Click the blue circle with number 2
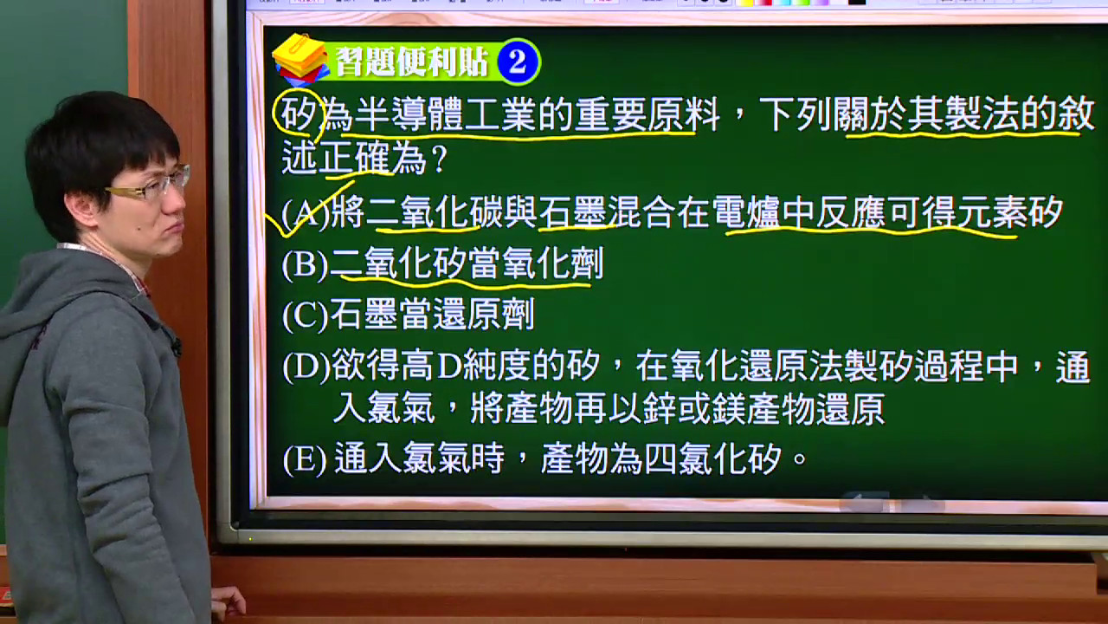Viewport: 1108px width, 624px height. [x=518, y=62]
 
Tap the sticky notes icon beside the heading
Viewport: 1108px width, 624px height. [x=300, y=58]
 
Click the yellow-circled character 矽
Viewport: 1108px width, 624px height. [x=299, y=114]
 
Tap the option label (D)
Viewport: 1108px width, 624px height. [x=306, y=367]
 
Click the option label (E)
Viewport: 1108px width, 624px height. [x=305, y=460]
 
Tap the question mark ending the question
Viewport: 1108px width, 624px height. [x=439, y=159]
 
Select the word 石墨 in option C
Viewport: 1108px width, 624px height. [x=364, y=315]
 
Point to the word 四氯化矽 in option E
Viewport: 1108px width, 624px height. [x=712, y=459]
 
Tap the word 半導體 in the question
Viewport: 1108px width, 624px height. [x=408, y=115]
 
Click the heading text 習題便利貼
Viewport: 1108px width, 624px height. [x=412, y=62]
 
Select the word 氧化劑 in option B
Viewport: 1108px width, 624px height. [x=552, y=264]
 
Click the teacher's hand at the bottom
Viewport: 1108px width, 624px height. [x=229, y=605]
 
